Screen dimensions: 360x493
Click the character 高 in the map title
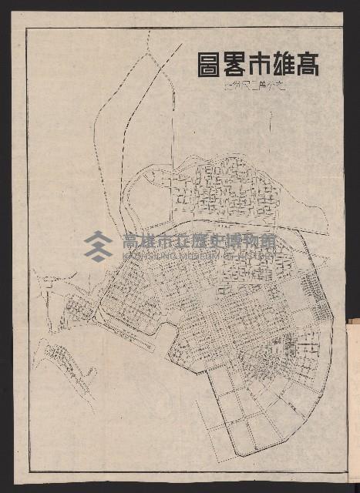pos(304,64)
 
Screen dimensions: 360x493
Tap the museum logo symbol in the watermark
pos(99,246)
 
